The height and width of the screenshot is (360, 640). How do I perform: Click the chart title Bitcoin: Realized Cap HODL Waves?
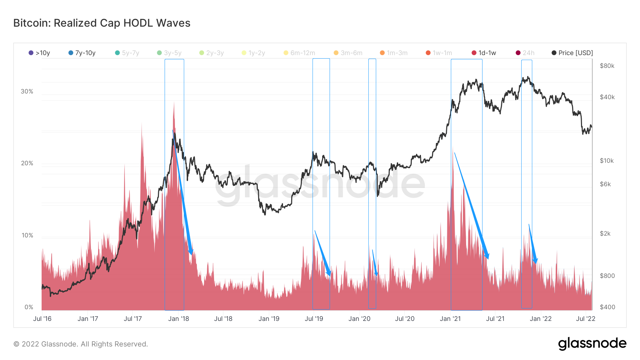102,23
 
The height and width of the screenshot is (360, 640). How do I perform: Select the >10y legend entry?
39,53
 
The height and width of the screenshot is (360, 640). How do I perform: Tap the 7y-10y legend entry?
82,53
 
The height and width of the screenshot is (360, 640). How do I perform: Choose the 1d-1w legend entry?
484,53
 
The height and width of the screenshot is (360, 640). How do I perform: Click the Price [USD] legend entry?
572,53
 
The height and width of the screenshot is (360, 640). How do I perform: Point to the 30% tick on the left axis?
27,91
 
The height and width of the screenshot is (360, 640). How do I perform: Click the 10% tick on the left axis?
27,235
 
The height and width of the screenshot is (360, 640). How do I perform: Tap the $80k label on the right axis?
607,66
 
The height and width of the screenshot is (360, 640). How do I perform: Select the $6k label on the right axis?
605,184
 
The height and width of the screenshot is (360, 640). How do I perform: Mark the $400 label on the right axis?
607,307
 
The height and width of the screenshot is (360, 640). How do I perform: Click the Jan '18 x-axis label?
178,319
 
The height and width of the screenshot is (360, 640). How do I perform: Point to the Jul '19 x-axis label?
314,319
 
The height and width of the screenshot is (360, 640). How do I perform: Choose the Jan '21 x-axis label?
450,319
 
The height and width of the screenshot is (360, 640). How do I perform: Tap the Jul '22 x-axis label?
586,319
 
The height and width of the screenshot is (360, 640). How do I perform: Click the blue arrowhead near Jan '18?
191,252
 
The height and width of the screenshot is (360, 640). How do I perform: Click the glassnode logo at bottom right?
592,344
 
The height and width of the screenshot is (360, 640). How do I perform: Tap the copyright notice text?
81,344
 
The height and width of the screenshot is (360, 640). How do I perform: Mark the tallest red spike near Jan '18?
174,104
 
